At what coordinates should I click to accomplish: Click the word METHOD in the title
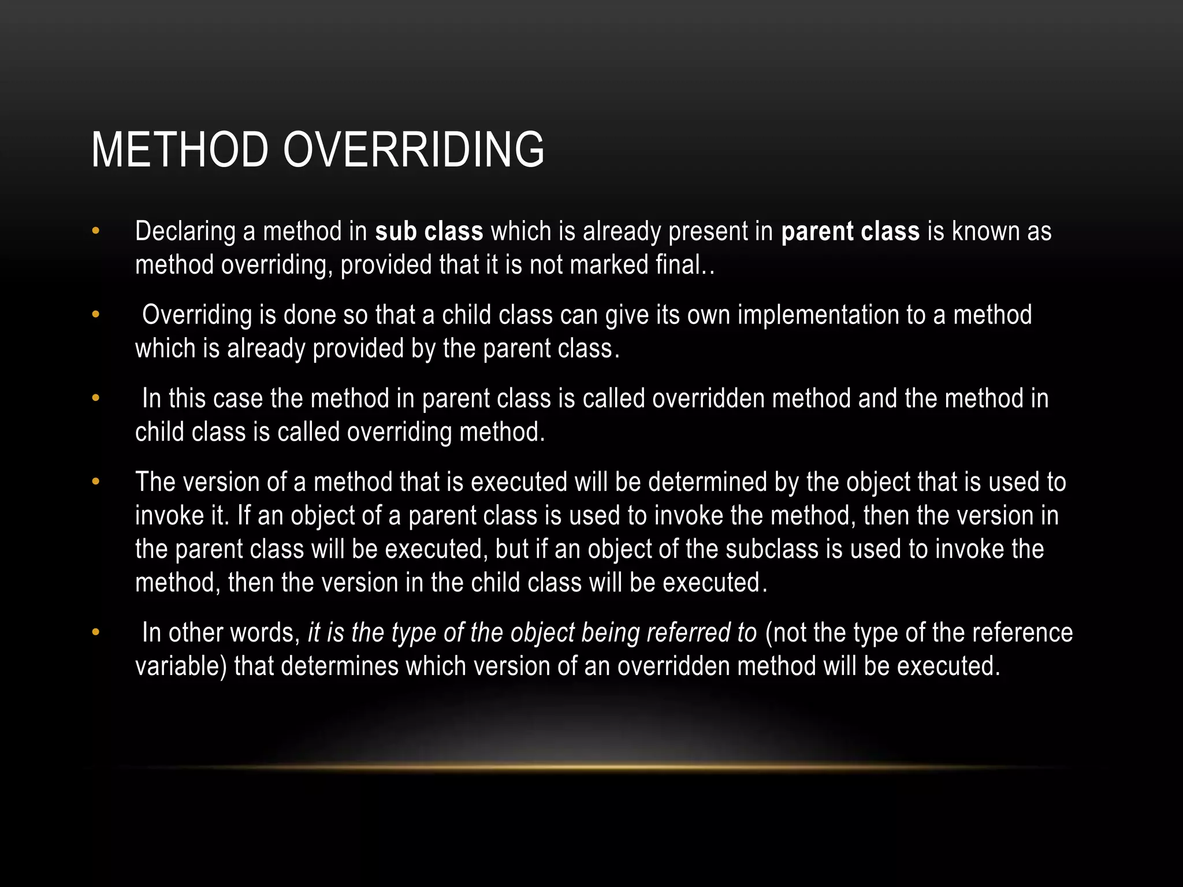point(180,150)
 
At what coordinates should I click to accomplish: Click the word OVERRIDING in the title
point(413,150)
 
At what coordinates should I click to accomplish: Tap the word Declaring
point(185,232)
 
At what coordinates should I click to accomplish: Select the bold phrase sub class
point(429,231)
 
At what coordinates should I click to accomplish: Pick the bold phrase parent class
point(850,232)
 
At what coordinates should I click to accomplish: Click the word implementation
point(817,315)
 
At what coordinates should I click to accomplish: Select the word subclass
point(772,549)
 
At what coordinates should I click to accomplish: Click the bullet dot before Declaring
point(96,232)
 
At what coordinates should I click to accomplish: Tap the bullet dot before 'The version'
point(96,482)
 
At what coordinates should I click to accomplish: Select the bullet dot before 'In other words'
point(96,633)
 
